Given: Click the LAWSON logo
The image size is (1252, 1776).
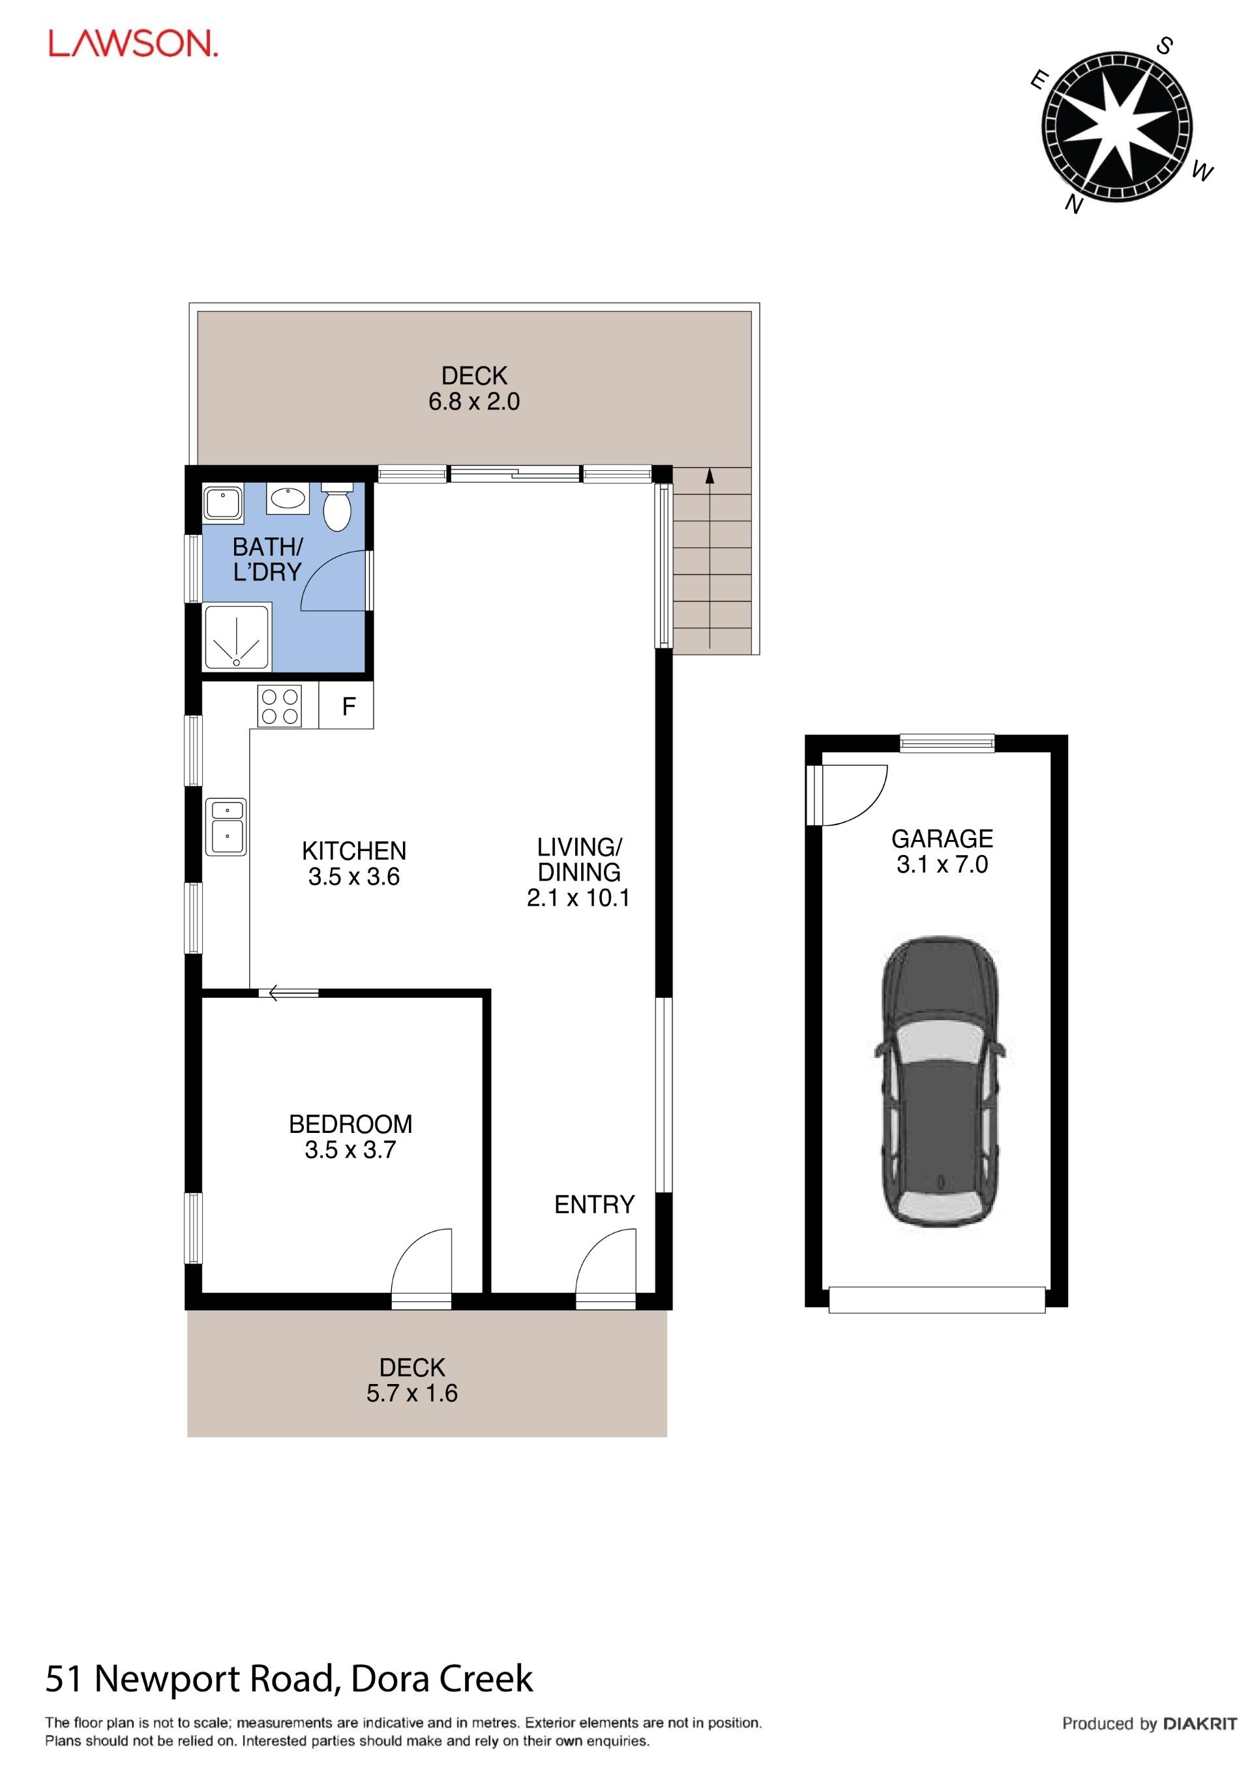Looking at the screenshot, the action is [x=133, y=44].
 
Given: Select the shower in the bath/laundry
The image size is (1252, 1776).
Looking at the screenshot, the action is [x=237, y=637].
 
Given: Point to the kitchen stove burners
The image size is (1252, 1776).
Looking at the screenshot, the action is [x=280, y=706].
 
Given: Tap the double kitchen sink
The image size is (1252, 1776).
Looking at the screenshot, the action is [x=226, y=827].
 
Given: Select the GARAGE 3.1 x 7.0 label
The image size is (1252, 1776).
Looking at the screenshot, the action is [x=942, y=851].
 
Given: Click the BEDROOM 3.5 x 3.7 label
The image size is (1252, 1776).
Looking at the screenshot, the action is [x=350, y=1136].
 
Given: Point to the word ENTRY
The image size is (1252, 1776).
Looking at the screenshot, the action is [x=594, y=1205].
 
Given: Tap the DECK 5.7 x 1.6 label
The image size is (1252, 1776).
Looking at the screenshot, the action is [x=412, y=1380].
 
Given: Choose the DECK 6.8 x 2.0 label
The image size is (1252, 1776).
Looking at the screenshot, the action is [x=474, y=388].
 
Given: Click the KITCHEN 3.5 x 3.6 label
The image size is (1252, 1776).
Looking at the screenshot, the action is [x=353, y=864].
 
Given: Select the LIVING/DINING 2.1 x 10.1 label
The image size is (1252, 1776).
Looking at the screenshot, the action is [x=578, y=872].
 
